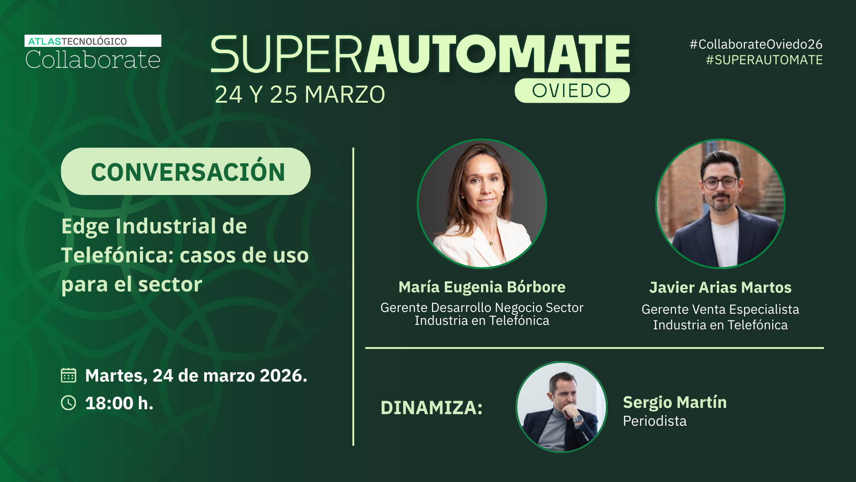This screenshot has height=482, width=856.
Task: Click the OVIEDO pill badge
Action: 572,91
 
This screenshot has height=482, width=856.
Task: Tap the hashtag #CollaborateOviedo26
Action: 756,44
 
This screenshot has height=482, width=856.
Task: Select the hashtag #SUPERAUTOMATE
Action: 764,60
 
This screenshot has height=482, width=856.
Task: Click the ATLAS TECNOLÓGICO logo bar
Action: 93,41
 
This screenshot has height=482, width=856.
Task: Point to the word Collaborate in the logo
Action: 93,60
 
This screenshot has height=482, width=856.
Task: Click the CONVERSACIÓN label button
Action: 186,171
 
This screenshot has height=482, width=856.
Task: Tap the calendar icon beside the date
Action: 68,375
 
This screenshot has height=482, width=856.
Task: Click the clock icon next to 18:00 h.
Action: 68,403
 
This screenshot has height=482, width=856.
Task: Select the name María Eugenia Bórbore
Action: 482,287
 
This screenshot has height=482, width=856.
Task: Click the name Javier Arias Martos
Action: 720,287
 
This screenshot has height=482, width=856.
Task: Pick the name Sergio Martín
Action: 675,403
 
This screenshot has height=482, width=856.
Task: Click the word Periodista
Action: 654,421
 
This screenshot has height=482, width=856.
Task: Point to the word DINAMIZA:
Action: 432,408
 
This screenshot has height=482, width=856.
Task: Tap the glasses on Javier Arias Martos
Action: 720,183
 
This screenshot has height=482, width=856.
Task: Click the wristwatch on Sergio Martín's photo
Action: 578,419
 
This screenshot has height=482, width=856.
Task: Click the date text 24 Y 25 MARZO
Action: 300,95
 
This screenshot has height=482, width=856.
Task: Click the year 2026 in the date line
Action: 284,376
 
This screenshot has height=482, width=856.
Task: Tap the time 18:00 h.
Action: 119,403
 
